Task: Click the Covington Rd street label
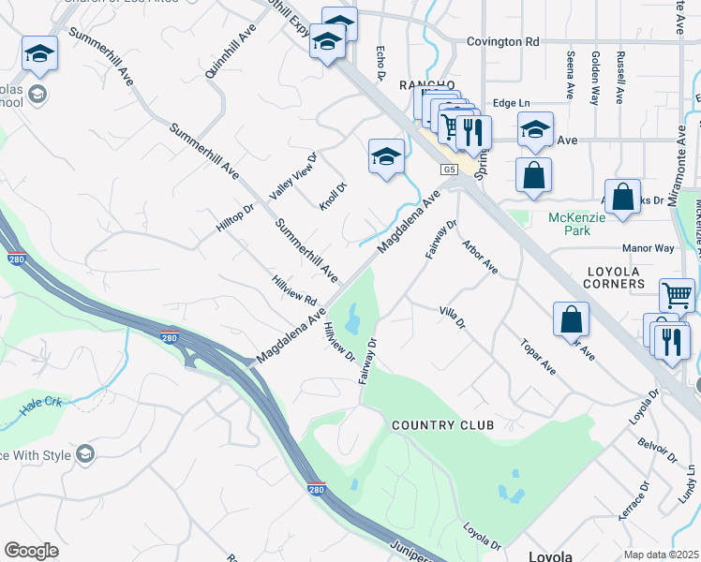505,42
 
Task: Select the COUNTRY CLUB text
442,425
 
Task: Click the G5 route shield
452,170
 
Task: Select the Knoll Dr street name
333,196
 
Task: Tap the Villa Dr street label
452,317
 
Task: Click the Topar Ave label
538,357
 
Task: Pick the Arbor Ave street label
479,256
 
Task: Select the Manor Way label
649,248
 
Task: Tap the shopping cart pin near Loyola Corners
677,294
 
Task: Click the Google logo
31,551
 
